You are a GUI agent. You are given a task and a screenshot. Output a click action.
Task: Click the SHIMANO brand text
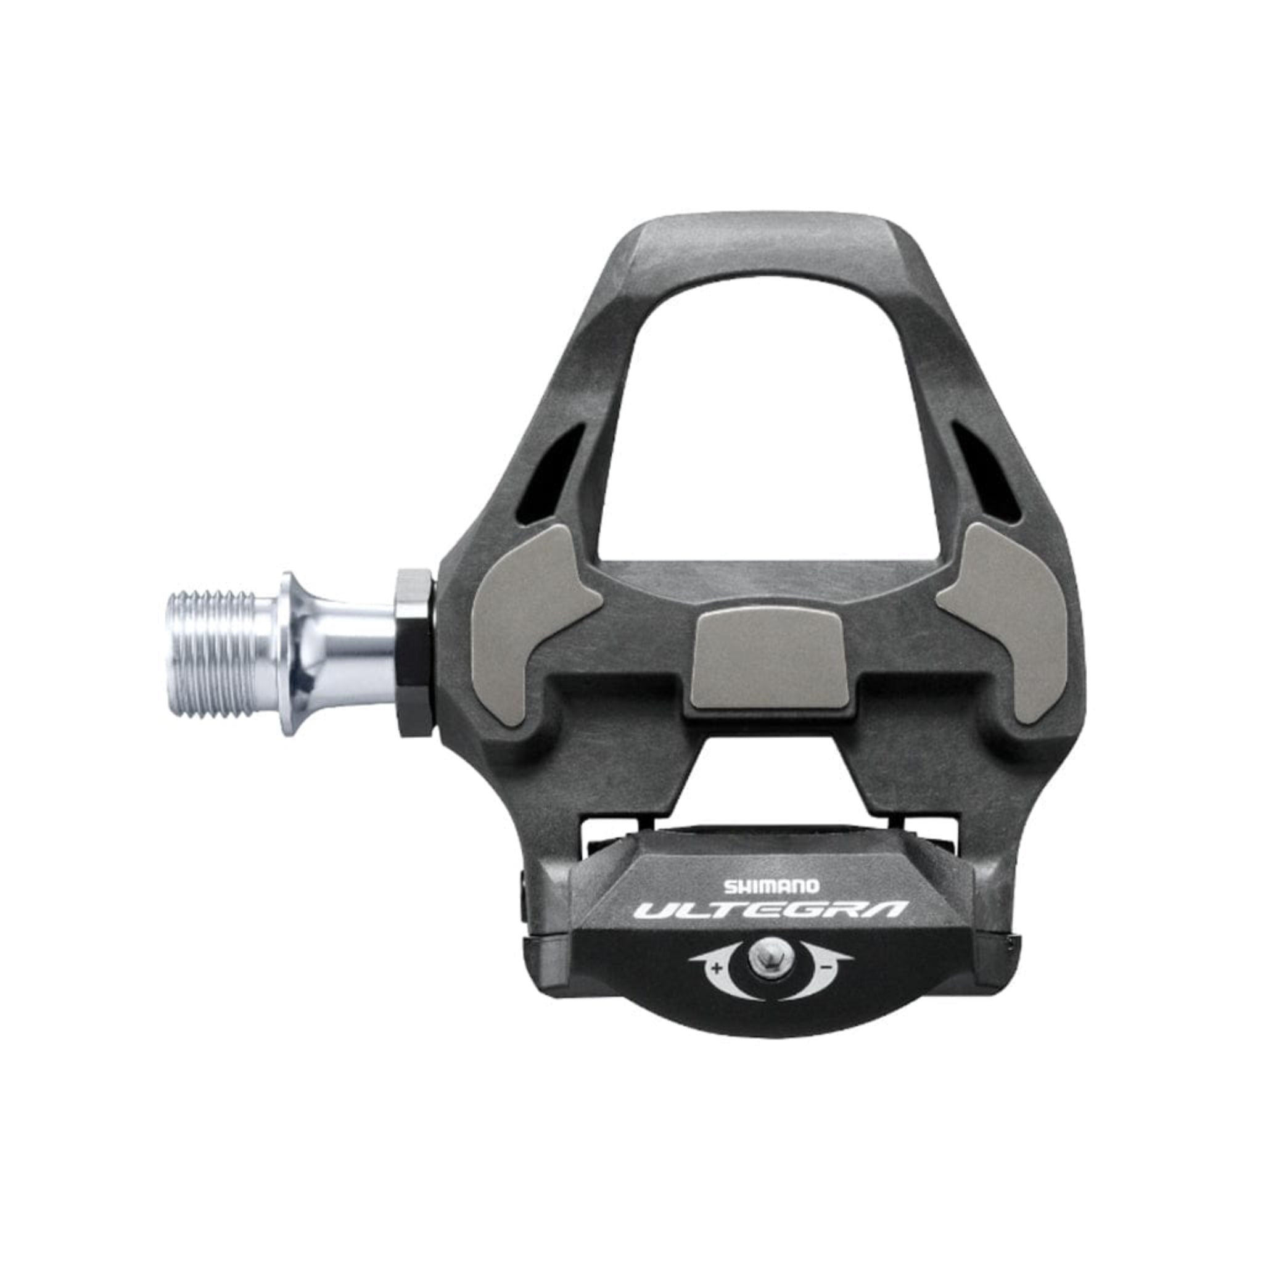(x=770, y=886)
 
